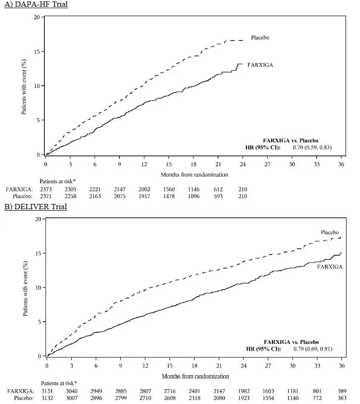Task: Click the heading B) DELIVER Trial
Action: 36,207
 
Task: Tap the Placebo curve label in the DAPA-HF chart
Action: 260,38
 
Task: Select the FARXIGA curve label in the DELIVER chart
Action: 330,266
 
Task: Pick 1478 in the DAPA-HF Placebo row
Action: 170,197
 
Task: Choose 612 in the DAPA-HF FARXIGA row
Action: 220,189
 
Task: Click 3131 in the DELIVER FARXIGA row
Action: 47,391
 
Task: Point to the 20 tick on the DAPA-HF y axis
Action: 37,17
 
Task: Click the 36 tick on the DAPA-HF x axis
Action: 342,164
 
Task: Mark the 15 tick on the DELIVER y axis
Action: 37,253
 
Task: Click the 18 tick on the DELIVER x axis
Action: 194,366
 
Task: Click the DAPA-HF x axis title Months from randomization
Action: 194,174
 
